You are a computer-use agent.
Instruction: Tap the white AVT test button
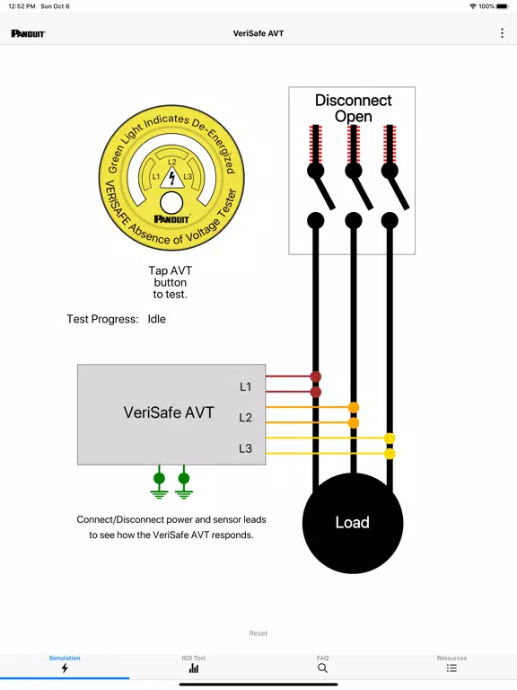point(171,203)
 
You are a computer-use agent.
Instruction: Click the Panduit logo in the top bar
point(29,33)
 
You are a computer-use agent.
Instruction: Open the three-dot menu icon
point(502,33)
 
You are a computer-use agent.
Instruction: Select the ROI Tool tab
point(194,664)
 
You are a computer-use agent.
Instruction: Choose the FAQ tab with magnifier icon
point(323,664)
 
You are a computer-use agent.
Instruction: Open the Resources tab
point(451,664)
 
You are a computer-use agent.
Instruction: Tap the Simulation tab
point(65,664)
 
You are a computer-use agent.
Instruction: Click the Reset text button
point(258,633)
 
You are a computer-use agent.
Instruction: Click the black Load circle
point(353,523)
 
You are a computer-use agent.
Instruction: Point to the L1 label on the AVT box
point(245,387)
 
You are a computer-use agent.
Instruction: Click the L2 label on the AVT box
point(245,417)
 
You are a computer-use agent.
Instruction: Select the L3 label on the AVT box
point(245,448)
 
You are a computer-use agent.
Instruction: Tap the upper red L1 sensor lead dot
point(316,376)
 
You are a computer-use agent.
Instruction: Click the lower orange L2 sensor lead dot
point(354,423)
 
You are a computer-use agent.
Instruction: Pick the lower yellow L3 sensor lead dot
point(390,454)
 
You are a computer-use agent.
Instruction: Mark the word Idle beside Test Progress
point(156,319)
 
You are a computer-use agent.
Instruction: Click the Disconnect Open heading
point(353,108)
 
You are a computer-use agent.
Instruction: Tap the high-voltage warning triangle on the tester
point(172,177)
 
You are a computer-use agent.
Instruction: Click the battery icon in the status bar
point(503,6)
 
